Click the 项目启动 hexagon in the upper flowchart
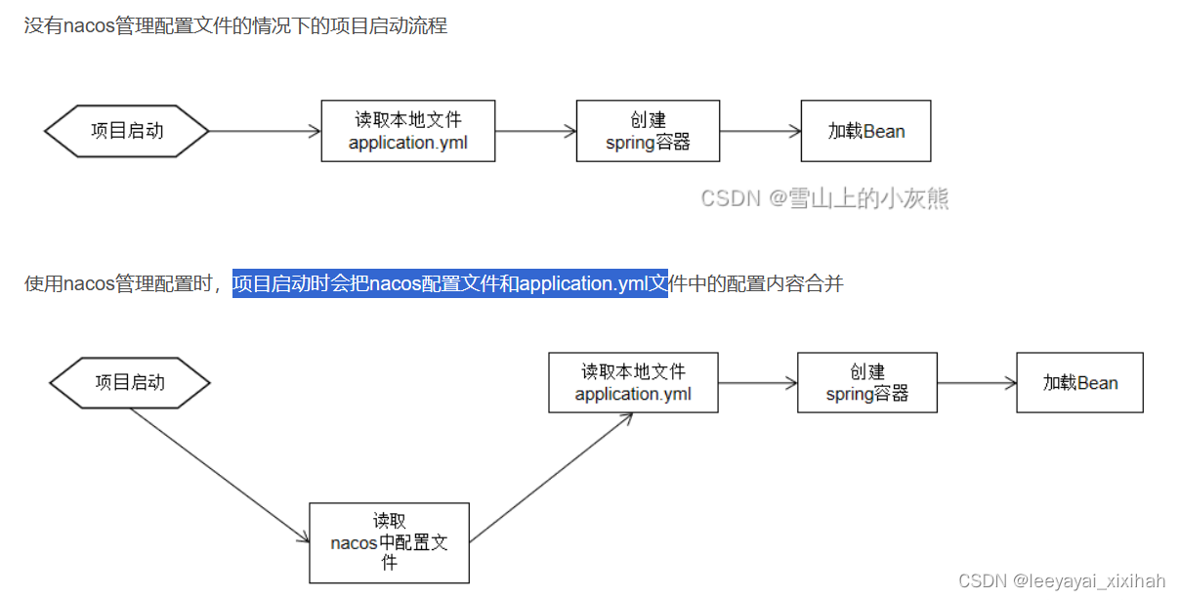pos(127,131)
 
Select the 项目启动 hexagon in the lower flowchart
pos(130,382)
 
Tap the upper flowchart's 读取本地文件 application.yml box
pos(408,131)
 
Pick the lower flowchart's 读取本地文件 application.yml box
pos(633,382)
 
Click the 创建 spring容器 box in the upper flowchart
pos(648,131)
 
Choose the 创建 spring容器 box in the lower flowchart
pos(867,382)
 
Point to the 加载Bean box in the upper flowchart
pos(865,131)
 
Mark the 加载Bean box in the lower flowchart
pos(1079,382)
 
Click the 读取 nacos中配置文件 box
pos(389,543)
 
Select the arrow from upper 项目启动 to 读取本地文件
pos(265,131)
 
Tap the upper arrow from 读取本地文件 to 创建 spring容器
pos(535,131)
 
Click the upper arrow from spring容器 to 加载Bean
pos(760,131)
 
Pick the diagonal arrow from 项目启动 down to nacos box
pos(219,474)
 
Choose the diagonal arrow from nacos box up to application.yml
pos(552,477)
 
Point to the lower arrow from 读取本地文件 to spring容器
pos(758,383)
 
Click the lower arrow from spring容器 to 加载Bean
pos(977,383)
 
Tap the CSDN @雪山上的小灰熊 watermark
pos(824,198)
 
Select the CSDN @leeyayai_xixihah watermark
pos(1062,581)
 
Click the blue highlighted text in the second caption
pos(449,284)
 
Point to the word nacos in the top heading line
pos(89,26)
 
